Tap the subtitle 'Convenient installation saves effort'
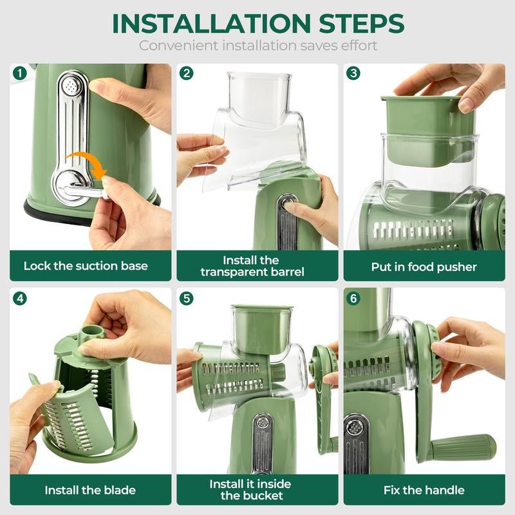(257, 46)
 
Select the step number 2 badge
(187, 73)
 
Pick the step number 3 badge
(353, 73)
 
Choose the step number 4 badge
(19, 299)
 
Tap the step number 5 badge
(187, 299)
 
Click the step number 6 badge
(353, 299)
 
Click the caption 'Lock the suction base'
(86, 266)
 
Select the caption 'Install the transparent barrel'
(252, 266)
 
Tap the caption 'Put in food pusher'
(424, 266)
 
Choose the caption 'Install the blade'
(90, 490)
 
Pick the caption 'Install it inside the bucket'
(250, 489)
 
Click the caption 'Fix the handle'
(424, 490)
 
